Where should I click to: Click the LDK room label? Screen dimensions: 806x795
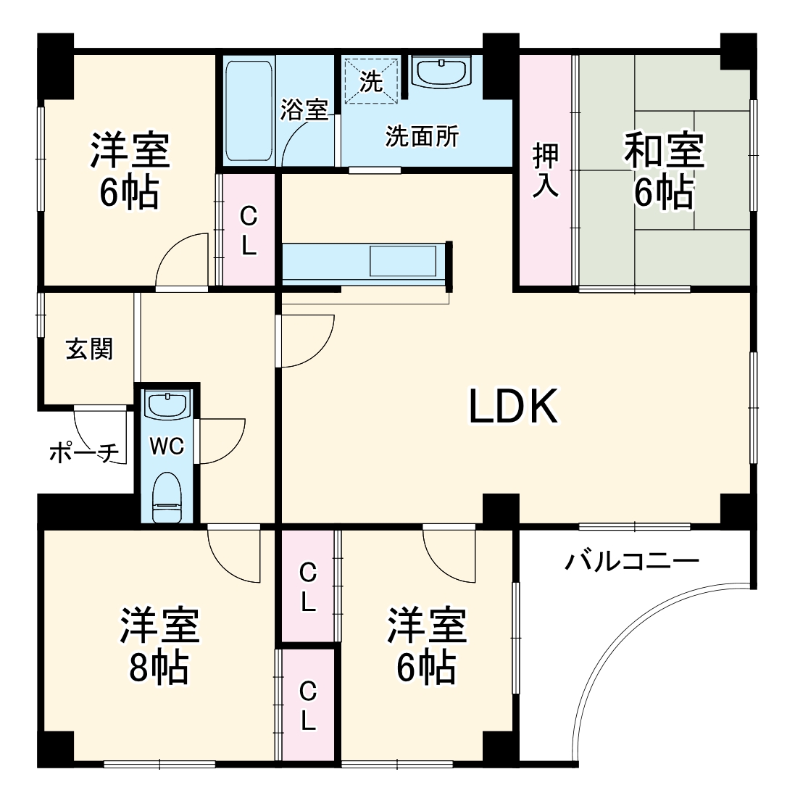click(513, 407)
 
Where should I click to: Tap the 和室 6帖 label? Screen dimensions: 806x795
click(664, 171)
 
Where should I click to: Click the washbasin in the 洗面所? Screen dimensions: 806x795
click(440, 72)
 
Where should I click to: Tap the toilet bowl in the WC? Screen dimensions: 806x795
click(167, 498)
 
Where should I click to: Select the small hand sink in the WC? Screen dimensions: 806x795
click(167, 403)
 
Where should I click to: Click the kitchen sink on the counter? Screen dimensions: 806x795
click(403, 260)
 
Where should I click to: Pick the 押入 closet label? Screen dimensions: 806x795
click(546, 171)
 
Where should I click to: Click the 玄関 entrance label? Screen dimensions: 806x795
click(89, 349)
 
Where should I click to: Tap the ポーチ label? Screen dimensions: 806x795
click(84, 454)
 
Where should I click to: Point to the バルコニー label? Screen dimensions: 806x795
click(632, 560)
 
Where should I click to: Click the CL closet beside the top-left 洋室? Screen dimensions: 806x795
click(249, 230)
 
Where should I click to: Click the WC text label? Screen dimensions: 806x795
click(167, 446)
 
